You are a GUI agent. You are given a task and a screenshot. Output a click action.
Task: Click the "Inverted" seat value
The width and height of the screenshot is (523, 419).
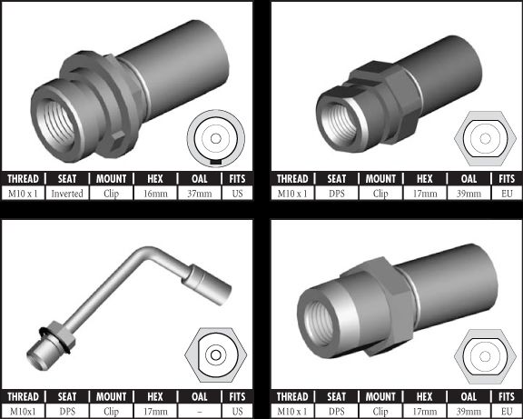tap(67, 194)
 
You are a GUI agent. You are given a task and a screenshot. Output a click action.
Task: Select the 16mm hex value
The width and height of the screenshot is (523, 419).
tap(155, 194)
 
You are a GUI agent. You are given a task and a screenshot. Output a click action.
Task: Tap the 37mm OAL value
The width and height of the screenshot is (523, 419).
tap(200, 194)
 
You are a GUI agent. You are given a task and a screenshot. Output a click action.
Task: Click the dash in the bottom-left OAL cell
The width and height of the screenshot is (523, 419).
tap(200, 412)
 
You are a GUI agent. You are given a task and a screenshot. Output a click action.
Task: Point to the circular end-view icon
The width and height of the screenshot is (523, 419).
tap(216, 138)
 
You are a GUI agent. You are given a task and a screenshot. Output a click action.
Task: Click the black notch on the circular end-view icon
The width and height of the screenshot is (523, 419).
tap(216, 162)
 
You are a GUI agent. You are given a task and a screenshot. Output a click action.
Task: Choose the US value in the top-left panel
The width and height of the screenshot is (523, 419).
tap(237, 194)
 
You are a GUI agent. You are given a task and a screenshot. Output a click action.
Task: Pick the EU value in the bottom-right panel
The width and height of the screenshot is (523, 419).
tap(507, 412)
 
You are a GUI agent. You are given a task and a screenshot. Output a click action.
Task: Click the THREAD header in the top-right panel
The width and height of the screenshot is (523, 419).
tap(292, 179)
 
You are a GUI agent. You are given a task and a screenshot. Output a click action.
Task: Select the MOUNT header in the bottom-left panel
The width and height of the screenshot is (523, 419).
tap(112, 397)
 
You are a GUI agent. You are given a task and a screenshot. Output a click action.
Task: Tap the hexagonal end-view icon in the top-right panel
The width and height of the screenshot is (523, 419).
tap(485, 138)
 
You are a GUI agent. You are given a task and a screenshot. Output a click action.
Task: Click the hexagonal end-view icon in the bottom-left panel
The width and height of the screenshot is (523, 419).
tap(216, 354)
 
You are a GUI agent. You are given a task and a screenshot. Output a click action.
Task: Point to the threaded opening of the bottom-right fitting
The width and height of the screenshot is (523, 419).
tap(320, 323)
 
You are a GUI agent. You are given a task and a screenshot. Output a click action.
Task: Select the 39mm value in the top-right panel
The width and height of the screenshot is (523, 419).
tap(469, 194)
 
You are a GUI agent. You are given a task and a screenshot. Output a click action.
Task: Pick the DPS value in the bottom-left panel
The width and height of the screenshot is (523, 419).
tap(67, 412)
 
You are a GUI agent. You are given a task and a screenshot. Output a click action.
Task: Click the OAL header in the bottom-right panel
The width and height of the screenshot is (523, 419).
tap(469, 397)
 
